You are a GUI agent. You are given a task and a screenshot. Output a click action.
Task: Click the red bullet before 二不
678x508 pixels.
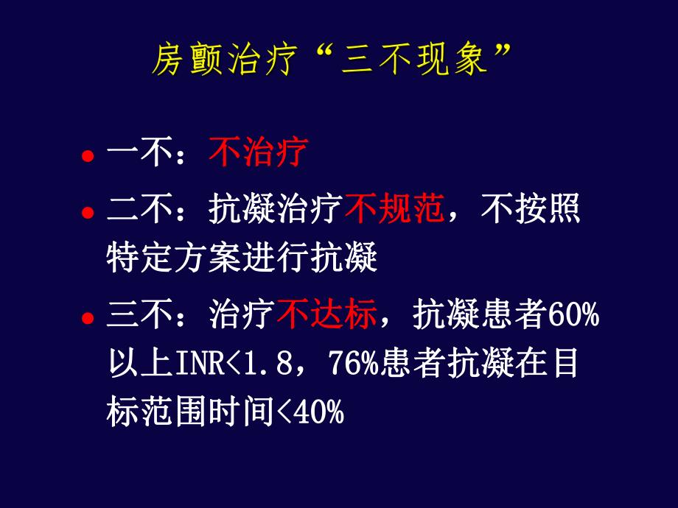pyautogui.click(x=88, y=214)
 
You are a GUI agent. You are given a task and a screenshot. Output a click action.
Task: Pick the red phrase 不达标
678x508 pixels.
pyautogui.click(x=327, y=317)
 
